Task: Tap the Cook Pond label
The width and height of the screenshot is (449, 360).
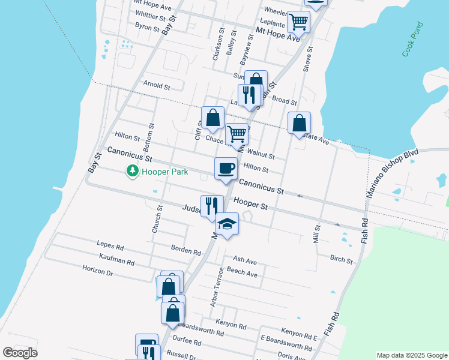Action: [413, 40]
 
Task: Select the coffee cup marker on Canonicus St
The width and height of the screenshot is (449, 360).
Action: [226, 169]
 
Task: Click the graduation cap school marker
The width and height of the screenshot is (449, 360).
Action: [227, 224]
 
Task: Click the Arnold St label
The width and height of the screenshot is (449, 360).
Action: [157, 85]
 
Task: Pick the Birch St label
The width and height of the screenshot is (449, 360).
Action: [341, 259]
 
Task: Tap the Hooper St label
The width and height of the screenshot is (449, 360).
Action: [250, 204]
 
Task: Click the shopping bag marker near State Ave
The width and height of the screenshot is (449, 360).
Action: [299, 124]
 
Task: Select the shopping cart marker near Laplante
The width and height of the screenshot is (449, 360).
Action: [298, 22]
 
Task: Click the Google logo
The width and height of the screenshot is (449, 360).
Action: [20, 353]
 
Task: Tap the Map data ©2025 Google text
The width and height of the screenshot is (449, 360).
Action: [411, 355]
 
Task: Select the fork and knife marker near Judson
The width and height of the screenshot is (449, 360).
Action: [211, 206]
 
